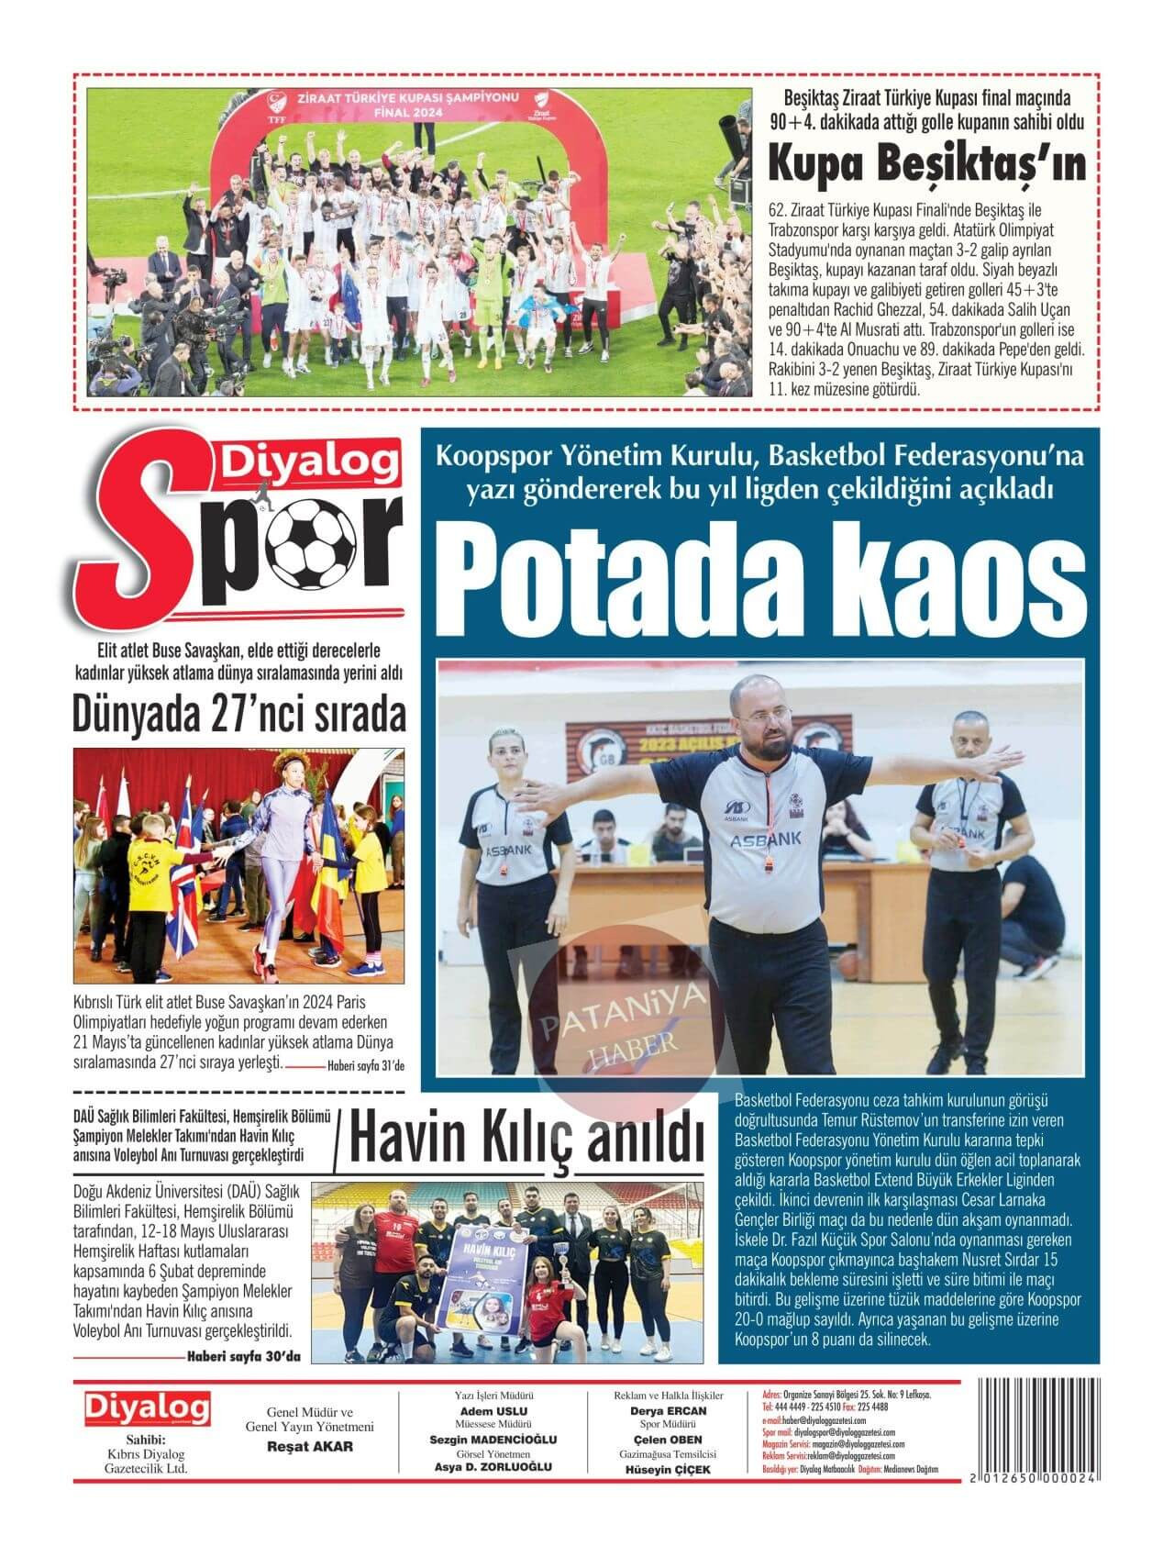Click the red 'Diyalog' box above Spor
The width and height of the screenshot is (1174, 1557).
(x=307, y=462)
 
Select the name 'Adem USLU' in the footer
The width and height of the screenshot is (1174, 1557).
(x=493, y=1411)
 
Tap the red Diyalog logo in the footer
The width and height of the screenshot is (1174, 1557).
(x=147, y=1408)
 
